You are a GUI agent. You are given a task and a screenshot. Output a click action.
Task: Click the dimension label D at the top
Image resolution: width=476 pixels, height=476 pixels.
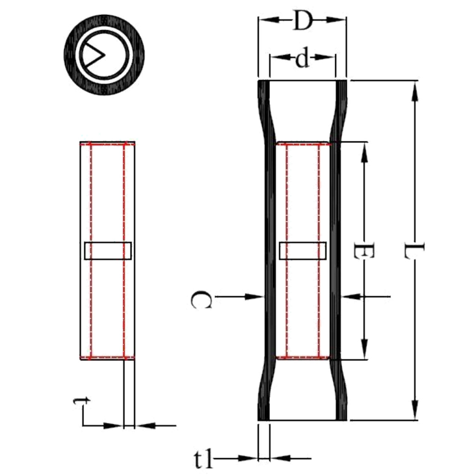(302, 21)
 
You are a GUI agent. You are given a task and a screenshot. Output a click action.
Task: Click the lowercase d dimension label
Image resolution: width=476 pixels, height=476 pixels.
(303, 59)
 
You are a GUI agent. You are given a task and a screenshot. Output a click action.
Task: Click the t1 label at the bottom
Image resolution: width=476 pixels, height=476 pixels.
(203, 459)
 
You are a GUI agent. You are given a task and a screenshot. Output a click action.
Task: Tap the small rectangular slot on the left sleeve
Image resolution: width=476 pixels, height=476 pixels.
(108, 251)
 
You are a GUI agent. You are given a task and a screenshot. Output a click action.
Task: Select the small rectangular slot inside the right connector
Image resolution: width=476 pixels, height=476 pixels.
(303, 251)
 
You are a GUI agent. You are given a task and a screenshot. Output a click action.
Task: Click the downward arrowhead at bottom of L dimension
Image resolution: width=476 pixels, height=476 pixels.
(415, 411)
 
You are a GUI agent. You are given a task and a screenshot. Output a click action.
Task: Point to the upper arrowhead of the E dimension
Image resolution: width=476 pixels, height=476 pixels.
(364, 152)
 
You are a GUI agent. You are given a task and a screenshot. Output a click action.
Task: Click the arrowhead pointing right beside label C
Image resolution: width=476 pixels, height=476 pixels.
(255, 296)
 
